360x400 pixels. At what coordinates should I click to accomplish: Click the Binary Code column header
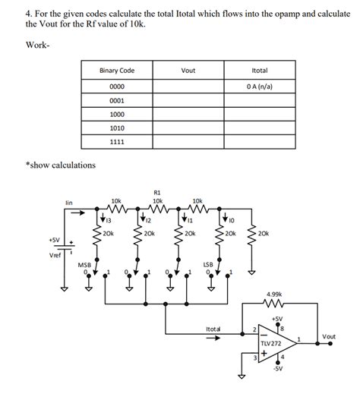[117, 71]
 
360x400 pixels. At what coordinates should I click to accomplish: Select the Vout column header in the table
[188, 71]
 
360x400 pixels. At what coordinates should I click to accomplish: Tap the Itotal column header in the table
[259, 71]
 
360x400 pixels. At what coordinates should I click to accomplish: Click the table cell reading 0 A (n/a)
[259, 86]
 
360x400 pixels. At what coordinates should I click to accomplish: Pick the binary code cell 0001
[117, 100]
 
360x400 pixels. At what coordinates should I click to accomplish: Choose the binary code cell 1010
[117, 128]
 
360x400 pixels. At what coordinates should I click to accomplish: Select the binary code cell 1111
[117, 143]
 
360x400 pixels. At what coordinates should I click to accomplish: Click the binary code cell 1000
[117, 115]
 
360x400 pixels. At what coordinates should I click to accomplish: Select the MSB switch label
[84, 264]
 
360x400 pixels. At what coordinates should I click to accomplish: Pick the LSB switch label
[208, 264]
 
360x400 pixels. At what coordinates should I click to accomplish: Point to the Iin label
[68, 203]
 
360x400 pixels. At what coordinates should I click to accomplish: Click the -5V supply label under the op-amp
[278, 369]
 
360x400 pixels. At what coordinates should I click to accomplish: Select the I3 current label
[109, 220]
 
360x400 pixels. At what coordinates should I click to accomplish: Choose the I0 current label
[232, 220]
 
